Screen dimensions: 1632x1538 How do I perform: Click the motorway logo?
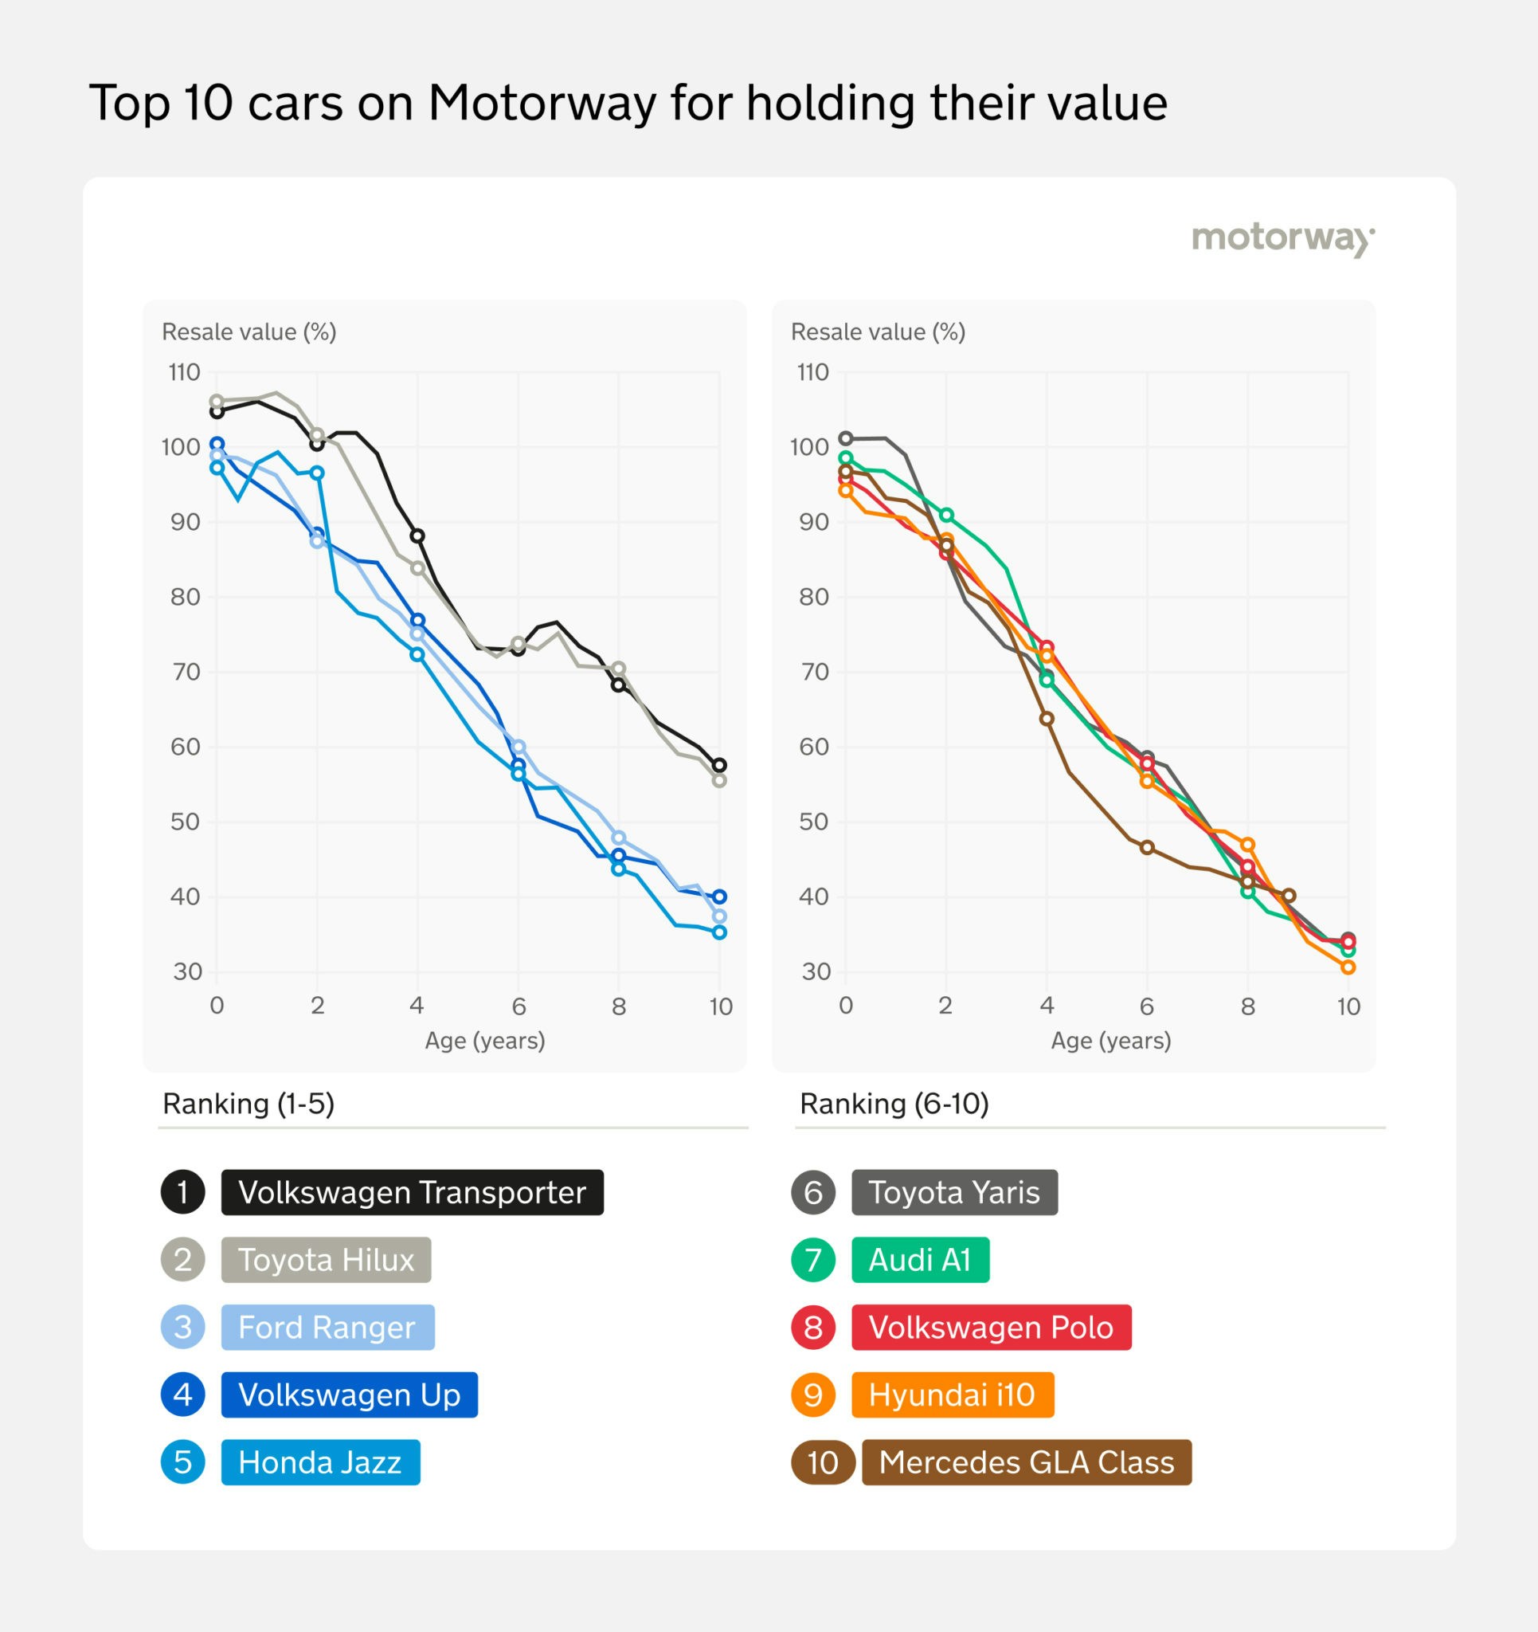tap(1283, 238)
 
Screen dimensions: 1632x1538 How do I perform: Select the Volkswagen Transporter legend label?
tap(412, 1192)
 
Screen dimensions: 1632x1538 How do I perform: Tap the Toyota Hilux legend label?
tap(326, 1259)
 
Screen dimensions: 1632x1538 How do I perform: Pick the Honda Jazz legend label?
tap(320, 1462)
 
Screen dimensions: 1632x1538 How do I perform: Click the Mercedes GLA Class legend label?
tap(1026, 1462)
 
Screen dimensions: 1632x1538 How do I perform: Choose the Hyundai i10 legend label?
tap(952, 1395)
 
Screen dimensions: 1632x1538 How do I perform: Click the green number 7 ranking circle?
tap(813, 1259)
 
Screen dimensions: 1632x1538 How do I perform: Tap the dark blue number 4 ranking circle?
tap(183, 1395)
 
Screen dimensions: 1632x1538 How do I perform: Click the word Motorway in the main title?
tap(542, 104)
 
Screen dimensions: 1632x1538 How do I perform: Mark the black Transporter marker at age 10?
tap(719, 765)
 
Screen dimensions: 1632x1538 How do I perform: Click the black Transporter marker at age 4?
tap(417, 536)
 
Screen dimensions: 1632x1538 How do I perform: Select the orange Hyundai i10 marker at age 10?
tap(1348, 967)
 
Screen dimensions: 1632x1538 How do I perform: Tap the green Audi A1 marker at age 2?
tap(946, 515)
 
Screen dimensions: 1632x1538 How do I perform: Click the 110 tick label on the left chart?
tap(185, 373)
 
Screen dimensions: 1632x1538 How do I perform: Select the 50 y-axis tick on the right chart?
tap(813, 822)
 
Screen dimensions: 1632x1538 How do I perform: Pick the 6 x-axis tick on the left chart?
tap(519, 1006)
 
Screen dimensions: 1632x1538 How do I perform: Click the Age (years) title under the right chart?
tap(1110, 1041)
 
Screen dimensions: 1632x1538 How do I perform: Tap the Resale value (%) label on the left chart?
tap(249, 331)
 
